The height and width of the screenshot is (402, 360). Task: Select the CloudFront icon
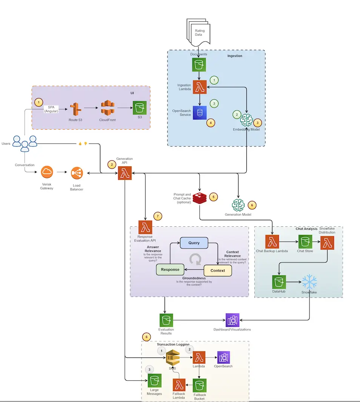point(108,109)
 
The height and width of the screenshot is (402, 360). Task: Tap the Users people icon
point(25,143)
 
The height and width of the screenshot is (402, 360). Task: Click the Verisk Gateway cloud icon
point(47,173)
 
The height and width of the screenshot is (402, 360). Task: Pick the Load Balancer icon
point(77,173)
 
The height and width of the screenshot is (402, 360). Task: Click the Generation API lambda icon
point(124,173)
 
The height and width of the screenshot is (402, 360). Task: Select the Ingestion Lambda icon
point(199,87)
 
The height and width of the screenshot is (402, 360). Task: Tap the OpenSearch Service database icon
point(199,112)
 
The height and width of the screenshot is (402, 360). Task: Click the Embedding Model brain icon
point(247,120)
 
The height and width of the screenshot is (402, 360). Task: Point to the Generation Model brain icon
point(238,205)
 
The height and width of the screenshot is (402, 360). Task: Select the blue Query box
point(194,243)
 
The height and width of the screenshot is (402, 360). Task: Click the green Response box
point(170,270)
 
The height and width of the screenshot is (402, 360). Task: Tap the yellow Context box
point(218,270)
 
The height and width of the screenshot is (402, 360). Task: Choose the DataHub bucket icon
point(279,282)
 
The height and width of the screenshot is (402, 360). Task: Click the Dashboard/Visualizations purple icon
point(232,320)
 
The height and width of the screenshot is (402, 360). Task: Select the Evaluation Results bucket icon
point(166,320)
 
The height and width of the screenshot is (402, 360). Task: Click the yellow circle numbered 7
point(158,216)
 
